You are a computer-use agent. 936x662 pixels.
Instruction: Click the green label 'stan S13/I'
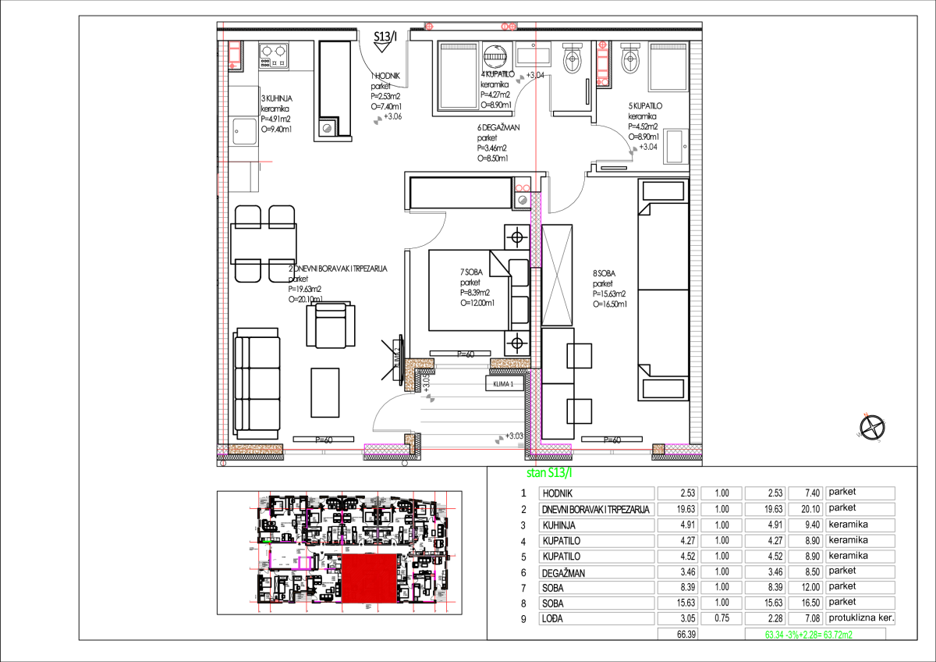(x=549, y=472)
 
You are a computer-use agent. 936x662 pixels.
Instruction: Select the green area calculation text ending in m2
(x=808, y=635)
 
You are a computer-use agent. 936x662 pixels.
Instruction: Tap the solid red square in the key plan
(x=369, y=578)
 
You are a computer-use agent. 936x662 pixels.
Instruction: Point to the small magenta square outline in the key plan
(x=305, y=562)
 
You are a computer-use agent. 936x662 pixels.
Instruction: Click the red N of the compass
(x=866, y=415)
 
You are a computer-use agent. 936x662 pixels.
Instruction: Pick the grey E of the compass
(x=884, y=422)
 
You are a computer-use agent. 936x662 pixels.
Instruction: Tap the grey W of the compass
(x=859, y=434)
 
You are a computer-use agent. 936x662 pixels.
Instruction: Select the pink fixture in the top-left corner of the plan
(x=234, y=54)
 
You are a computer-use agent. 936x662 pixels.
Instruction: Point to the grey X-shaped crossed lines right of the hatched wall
(x=557, y=275)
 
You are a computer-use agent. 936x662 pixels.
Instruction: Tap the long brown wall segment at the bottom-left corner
(x=255, y=449)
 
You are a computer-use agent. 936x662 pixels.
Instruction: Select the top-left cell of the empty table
(x=597, y=493)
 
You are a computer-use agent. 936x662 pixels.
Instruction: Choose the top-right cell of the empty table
(x=860, y=493)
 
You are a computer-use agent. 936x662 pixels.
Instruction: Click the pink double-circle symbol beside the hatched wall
(x=523, y=188)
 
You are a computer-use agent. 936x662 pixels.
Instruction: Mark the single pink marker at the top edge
(x=429, y=27)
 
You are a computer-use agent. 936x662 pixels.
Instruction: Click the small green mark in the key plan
(x=267, y=541)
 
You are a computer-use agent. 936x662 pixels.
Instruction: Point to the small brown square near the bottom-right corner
(x=658, y=449)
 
